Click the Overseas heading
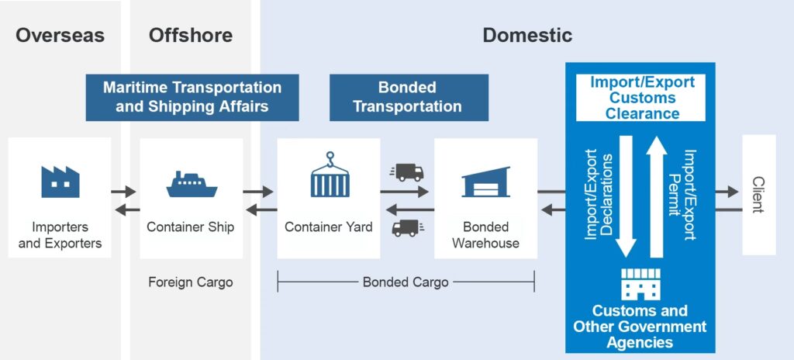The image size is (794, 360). tap(60, 35)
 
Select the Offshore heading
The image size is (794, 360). tap(190, 35)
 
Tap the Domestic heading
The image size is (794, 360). tap(527, 35)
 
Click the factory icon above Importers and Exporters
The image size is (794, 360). tap(60, 182)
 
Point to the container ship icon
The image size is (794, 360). tap(191, 184)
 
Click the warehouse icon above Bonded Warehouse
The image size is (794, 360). tap(485, 182)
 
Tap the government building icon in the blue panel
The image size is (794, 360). tap(640, 285)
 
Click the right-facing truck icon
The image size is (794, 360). tap(409, 172)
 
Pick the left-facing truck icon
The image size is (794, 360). tap(405, 227)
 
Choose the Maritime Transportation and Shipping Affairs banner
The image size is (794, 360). tap(192, 97)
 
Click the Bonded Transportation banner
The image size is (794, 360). tap(408, 97)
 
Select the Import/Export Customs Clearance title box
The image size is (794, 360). tap(640, 98)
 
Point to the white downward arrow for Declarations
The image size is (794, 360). tap(625, 198)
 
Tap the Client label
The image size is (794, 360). tap(758, 194)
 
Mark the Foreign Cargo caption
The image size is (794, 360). tap(191, 282)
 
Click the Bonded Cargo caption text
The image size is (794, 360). tap(406, 282)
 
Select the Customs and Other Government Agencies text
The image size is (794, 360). tap(640, 327)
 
